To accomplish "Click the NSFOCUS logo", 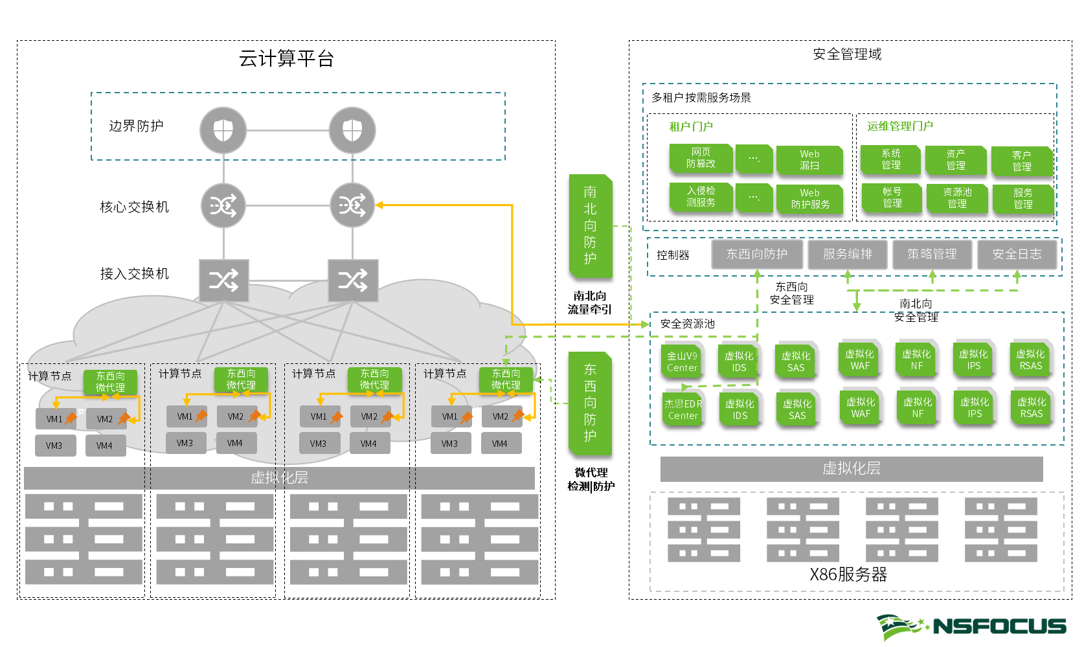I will tap(971, 626).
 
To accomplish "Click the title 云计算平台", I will tap(286, 59).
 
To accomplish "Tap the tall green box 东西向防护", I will tap(590, 403).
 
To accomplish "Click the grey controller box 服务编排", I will tap(847, 254).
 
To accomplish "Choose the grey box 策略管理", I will tap(932, 254).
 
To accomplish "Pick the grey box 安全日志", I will tap(1017, 254).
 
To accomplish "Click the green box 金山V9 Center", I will tap(682, 361).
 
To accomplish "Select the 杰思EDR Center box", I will tap(683, 409).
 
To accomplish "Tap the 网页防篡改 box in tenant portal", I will tap(701, 158).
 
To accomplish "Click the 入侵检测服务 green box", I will tap(701, 197).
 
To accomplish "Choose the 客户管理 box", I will tap(1021, 161).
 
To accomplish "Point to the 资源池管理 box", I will tap(956, 198).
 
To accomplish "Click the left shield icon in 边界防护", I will tap(223, 130).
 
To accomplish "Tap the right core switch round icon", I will tap(352, 206).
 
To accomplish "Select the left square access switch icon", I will tap(223, 280).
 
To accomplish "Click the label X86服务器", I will tap(848, 574).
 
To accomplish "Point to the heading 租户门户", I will tap(690, 127).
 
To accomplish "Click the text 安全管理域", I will tap(847, 54).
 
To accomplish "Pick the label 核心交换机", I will tap(134, 207).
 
